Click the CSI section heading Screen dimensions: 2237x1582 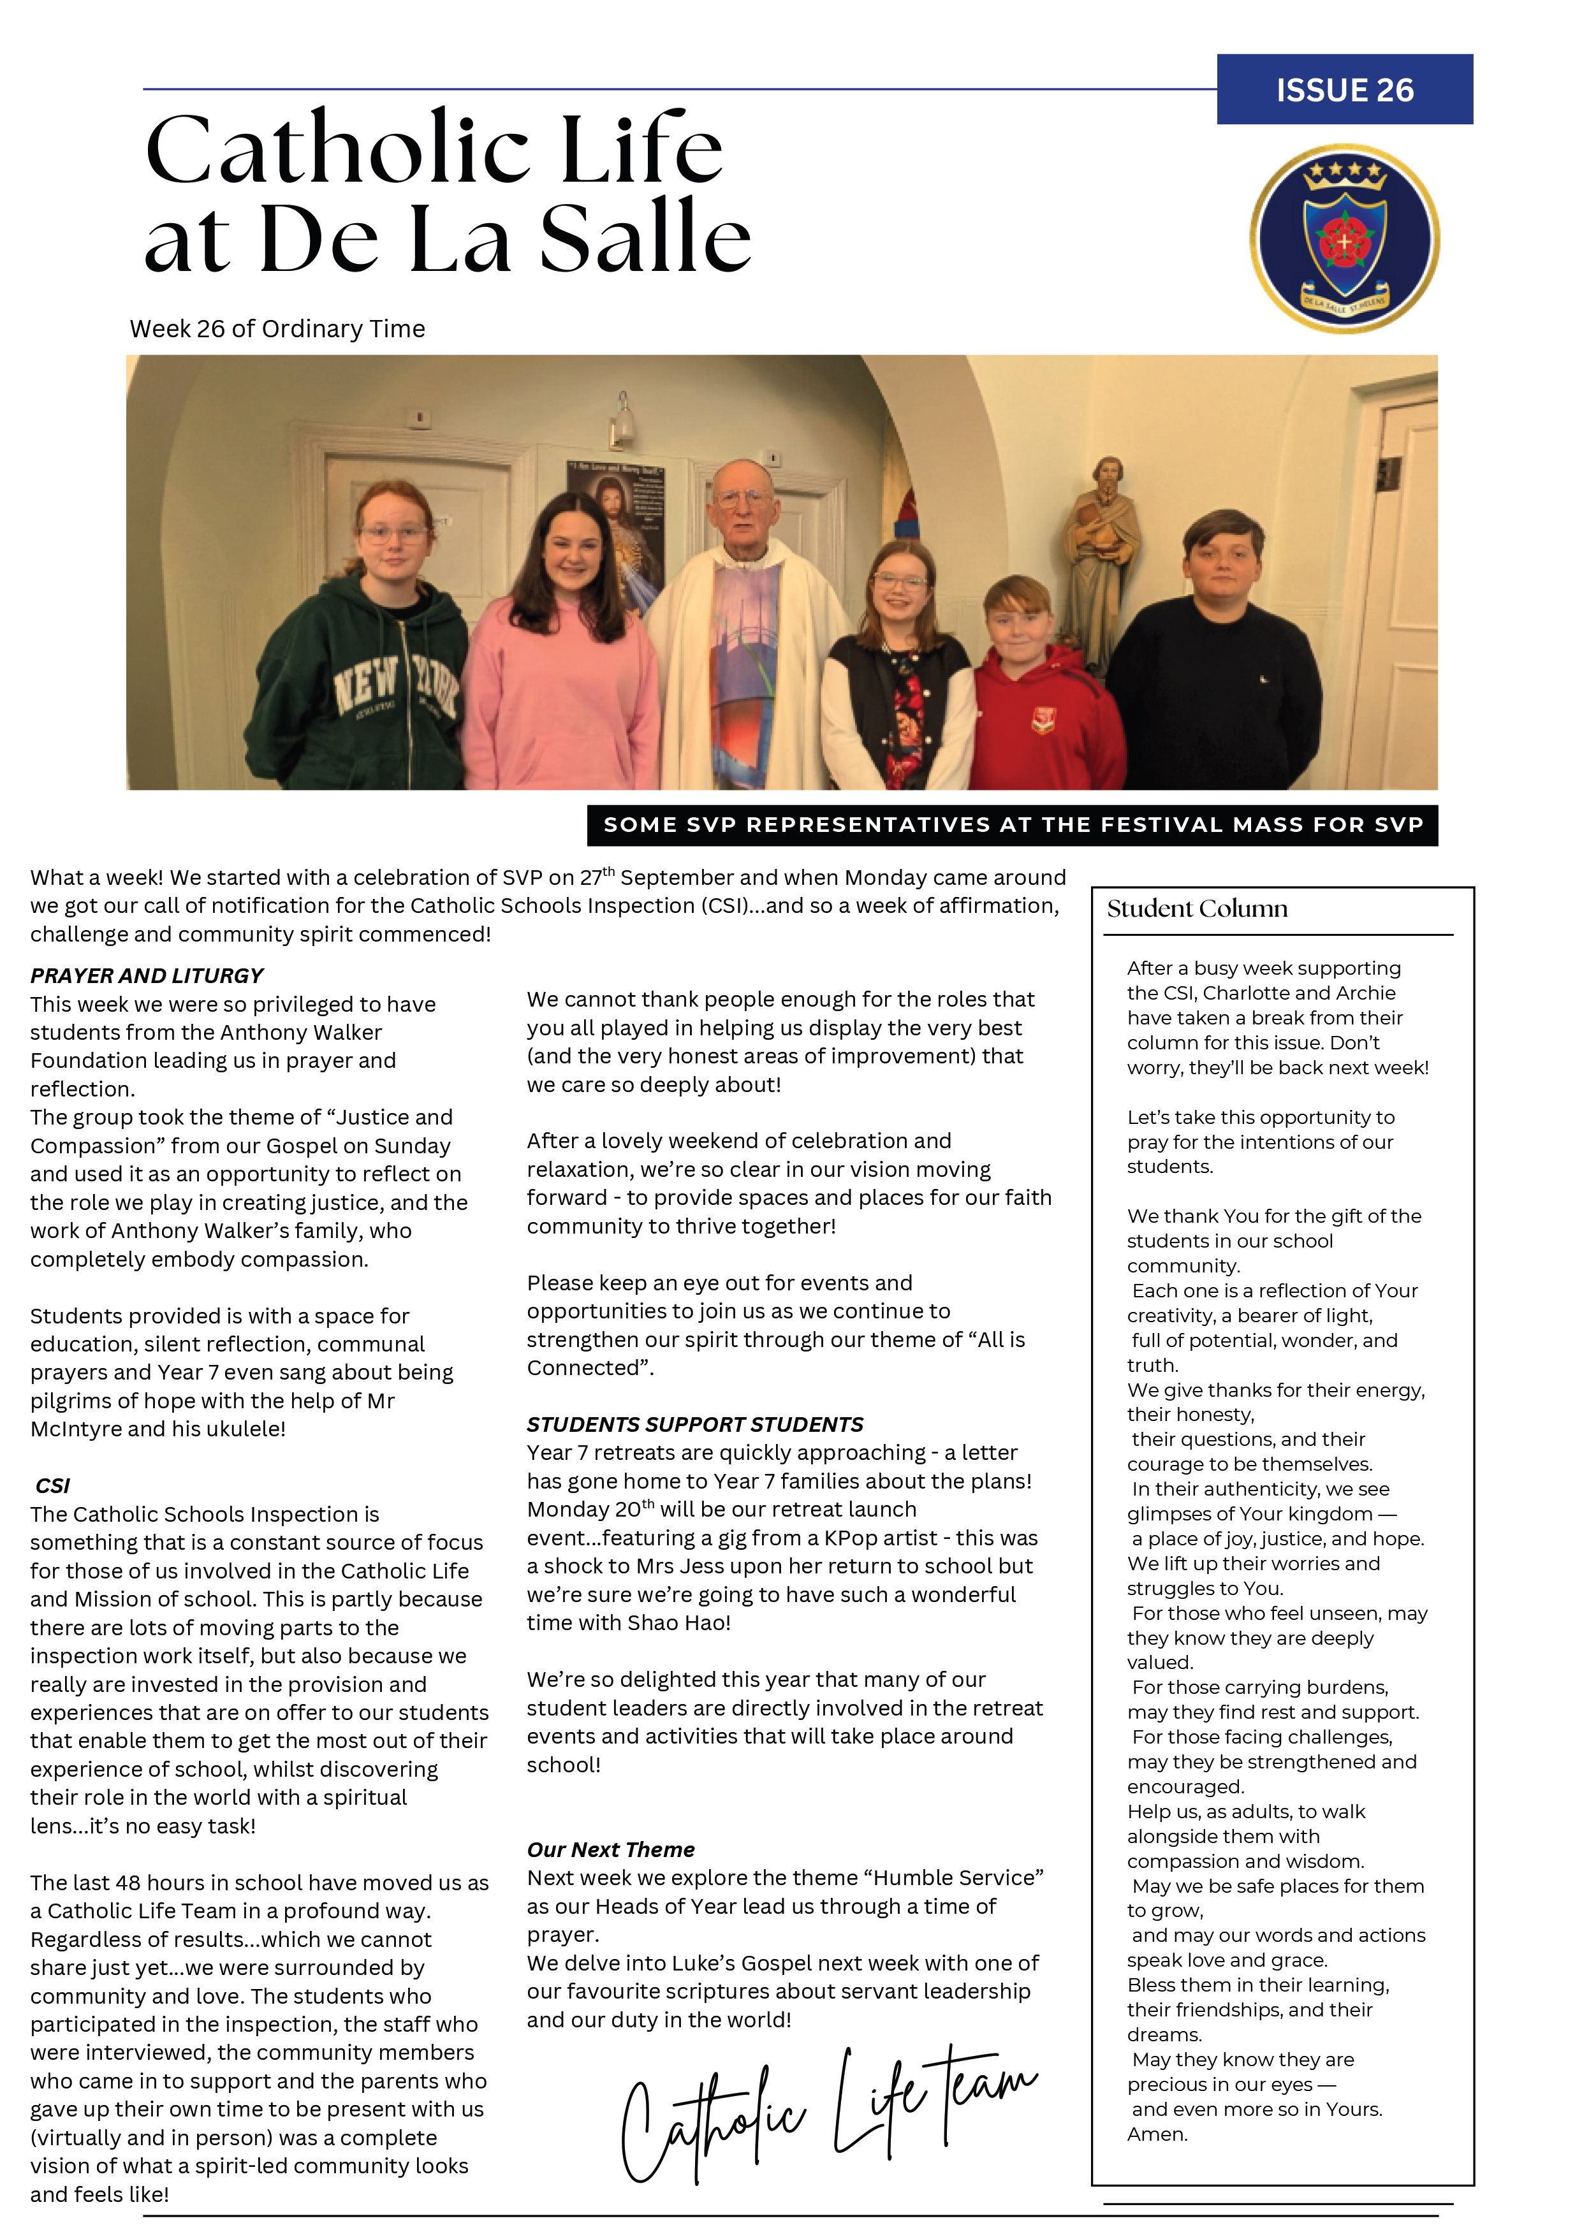(x=53, y=1486)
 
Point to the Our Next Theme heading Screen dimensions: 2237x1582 (x=610, y=1849)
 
